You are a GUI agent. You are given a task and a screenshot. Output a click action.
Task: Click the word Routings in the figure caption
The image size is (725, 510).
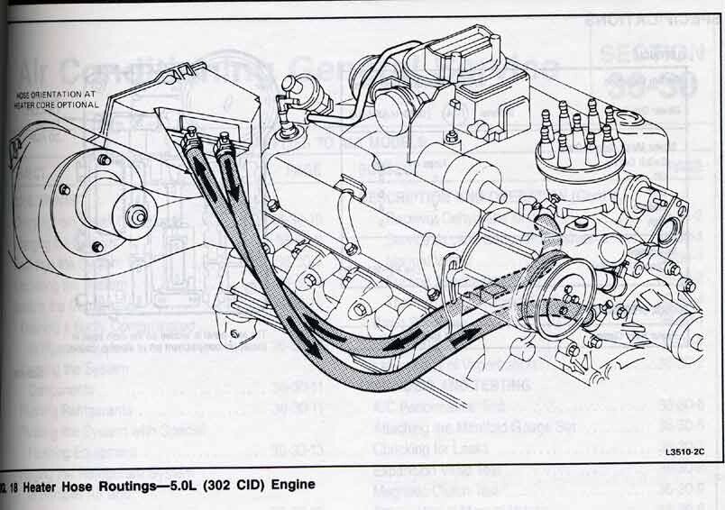pyautogui.click(x=119, y=486)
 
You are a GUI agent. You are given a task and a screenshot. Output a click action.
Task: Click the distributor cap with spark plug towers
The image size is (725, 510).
pyautogui.click(x=575, y=144)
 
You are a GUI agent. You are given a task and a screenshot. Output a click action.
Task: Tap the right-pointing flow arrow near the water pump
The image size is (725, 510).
pyautogui.click(x=470, y=336)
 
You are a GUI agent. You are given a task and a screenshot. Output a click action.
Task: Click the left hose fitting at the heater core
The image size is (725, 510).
pyautogui.click(x=190, y=139)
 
